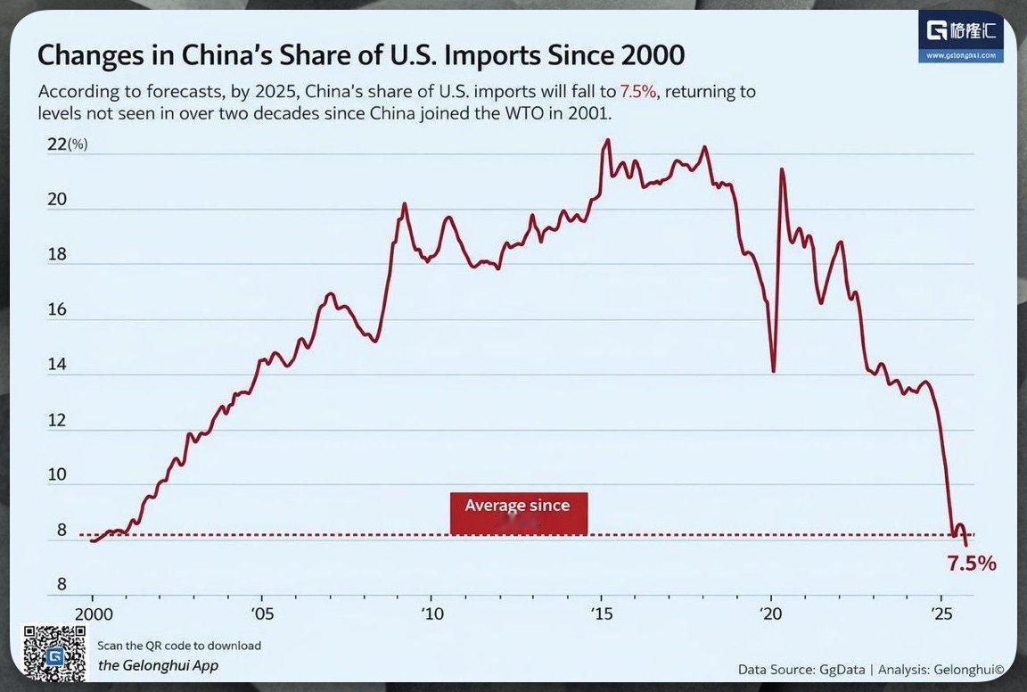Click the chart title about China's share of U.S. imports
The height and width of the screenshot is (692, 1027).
coord(360,55)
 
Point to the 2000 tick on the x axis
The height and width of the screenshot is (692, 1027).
coord(92,614)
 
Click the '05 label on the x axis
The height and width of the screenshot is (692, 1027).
coord(262,614)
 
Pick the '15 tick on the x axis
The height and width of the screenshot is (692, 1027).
coord(602,614)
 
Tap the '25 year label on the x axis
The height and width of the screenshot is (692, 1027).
coord(941,614)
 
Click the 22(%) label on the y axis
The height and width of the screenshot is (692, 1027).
coord(66,144)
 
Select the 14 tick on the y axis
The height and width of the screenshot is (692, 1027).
coord(56,365)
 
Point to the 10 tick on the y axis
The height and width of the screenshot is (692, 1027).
coord(56,474)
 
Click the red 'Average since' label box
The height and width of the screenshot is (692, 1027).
coord(518,513)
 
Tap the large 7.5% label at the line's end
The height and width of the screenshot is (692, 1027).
coord(971,564)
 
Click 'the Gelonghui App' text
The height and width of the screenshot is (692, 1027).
coord(158,665)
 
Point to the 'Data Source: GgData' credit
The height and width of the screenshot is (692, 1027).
coord(800,669)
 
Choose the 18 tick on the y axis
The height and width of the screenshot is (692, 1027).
coord(56,254)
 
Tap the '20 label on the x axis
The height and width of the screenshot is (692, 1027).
coord(771,614)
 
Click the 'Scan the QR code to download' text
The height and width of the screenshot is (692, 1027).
coord(178,646)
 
